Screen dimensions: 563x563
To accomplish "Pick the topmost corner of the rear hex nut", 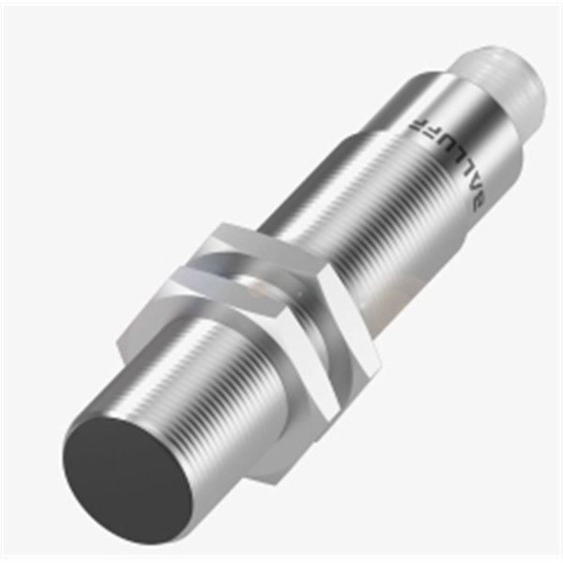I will [225, 224].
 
